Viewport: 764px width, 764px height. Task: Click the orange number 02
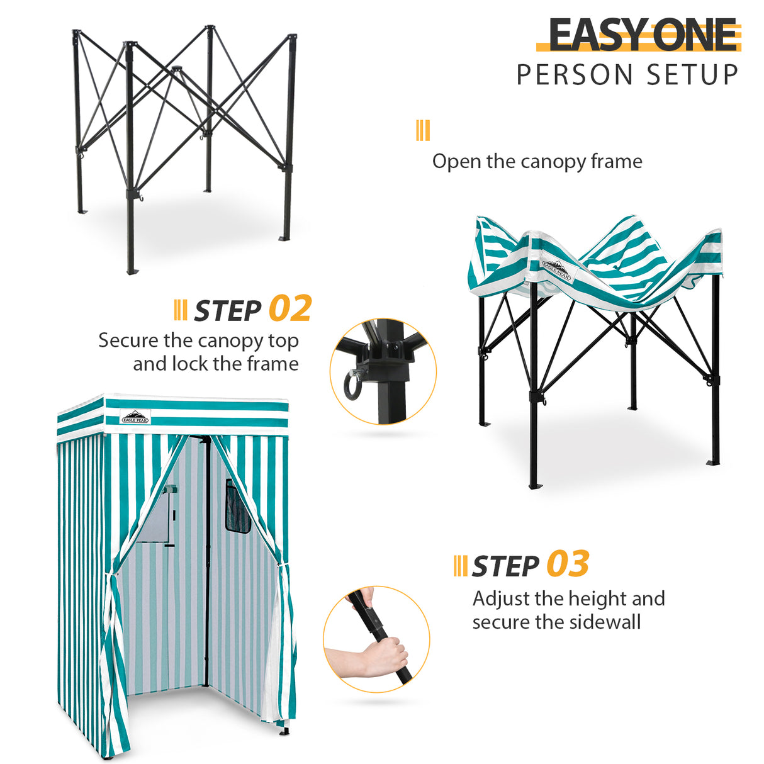[x=290, y=308]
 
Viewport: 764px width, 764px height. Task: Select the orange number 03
[x=568, y=564]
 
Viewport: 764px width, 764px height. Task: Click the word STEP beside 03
[x=505, y=566]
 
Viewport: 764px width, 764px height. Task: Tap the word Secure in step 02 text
[x=128, y=340]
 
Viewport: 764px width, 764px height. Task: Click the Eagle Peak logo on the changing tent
[x=135, y=417]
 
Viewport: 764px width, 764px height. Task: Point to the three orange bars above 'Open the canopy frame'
[x=423, y=131]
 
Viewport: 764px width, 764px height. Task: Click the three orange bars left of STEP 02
[x=181, y=310]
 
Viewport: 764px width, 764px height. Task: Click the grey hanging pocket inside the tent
[x=156, y=517]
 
